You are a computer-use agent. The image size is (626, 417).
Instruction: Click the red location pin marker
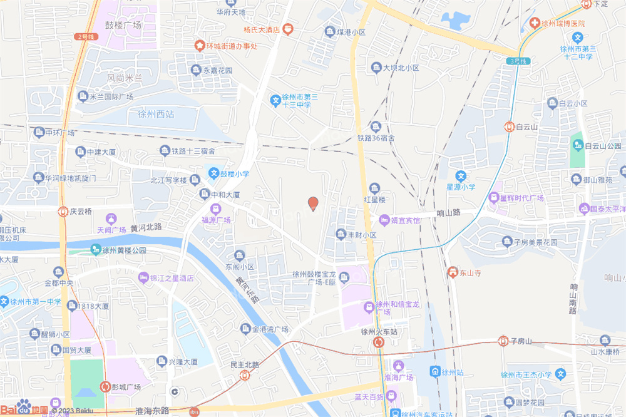(x=313, y=203)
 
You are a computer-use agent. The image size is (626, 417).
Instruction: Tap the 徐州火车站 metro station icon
(x=379, y=342)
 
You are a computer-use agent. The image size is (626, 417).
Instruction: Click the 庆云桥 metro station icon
(x=63, y=212)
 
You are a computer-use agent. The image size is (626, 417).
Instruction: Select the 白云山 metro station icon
(x=510, y=126)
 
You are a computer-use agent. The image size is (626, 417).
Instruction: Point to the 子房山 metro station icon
(x=503, y=341)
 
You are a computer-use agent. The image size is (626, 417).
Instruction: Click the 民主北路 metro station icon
(x=244, y=375)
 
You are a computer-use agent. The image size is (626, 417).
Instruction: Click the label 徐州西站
(x=156, y=114)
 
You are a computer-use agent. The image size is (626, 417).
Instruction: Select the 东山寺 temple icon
(x=452, y=272)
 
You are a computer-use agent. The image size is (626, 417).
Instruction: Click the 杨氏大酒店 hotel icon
(x=287, y=29)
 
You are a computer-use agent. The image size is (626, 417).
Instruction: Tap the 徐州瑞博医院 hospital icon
(x=535, y=23)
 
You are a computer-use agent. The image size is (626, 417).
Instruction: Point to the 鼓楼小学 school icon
(x=213, y=173)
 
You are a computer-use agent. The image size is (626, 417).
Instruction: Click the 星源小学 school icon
(x=461, y=177)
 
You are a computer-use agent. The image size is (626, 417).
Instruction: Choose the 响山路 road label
(x=448, y=213)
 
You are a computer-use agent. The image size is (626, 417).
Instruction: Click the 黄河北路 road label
(x=146, y=226)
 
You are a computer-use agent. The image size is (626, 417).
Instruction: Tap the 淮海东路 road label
(x=152, y=411)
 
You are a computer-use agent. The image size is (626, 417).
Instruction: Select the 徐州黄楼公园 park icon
(x=96, y=250)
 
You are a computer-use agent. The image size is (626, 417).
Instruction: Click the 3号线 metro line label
(x=518, y=61)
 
